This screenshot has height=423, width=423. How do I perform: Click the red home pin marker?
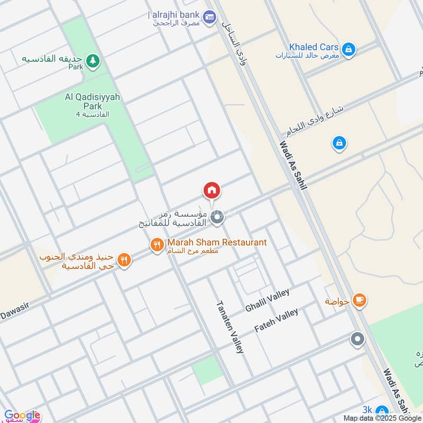(x=212, y=190)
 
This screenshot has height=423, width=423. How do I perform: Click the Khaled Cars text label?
(x=307, y=47)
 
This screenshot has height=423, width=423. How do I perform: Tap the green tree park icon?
(x=93, y=61)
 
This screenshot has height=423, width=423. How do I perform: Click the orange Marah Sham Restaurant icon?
(x=157, y=245)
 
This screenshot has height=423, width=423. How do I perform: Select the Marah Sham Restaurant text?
(x=217, y=242)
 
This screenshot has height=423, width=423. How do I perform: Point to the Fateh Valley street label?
(x=276, y=320)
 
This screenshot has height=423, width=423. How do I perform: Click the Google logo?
(x=21, y=415)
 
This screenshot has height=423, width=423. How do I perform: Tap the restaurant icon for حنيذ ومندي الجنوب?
(x=124, y=260)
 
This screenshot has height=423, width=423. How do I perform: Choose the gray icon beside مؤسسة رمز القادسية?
(x=216, y=217)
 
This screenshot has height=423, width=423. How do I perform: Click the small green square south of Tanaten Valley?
(x=207, y=370)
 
